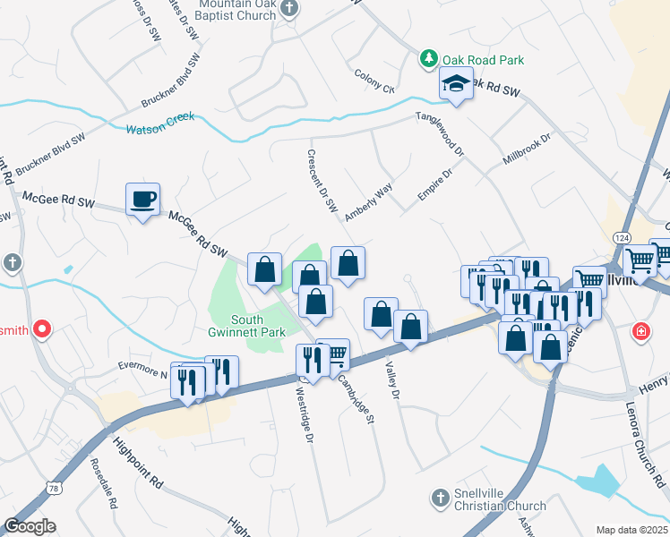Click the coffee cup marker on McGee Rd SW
click(x=142, y=199)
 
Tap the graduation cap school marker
click(x=456, y=86)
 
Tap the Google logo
click(x=30, y=526)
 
